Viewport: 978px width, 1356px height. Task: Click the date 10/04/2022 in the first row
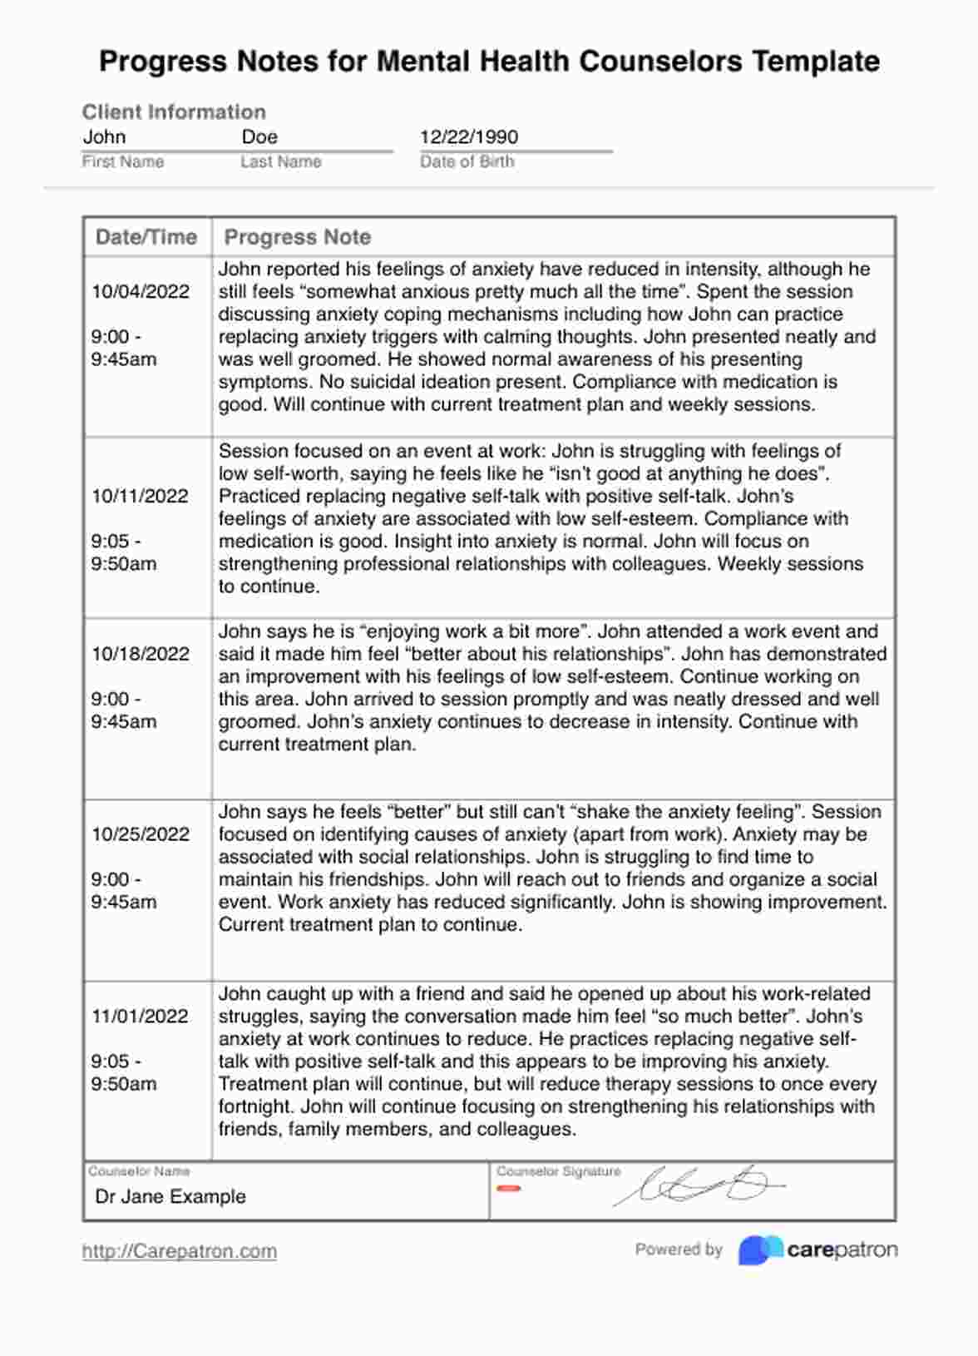tap(141, 291)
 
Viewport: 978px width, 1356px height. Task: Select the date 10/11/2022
tap(141, 496)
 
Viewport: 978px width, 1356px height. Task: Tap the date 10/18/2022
tap(141, 654)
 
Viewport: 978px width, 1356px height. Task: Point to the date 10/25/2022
tap(141, 834)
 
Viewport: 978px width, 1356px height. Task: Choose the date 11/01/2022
tap(140, 1016)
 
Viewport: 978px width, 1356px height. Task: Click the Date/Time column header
tap(146, 237)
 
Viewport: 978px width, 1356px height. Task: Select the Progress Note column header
tap(298, 237)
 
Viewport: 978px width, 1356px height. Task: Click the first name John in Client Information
tap(104, 137)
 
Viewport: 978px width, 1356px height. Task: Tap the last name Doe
tap(259, 137)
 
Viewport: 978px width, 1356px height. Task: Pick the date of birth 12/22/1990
tap(469, 137)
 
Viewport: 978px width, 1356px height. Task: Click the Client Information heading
tap(174, 112)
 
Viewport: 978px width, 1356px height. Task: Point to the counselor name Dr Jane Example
tap(170, 1196)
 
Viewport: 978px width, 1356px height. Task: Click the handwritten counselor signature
tap(699, 1185)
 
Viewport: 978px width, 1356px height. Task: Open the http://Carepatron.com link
tap(180, 1251)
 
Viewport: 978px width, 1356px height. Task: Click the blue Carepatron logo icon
tap(759, 1250)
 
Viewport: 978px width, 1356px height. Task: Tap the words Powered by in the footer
tap(679, 1250)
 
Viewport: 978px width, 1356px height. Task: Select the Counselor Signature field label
tap(559, 1171)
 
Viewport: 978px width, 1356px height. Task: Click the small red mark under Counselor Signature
tap(508, 1188)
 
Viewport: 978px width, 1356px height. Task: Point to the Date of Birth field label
tap(467, 161)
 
